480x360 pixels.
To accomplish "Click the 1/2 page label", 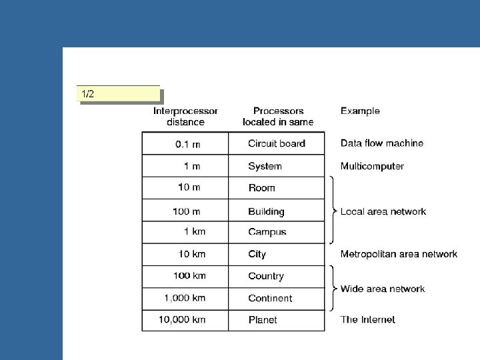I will tap(88, 94).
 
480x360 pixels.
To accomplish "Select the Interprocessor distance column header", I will tap(185, 117).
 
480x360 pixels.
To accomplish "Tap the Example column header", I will tap(360, 111).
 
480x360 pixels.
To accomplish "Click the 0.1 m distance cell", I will tap(187, 143).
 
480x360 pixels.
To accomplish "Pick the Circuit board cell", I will tap(276, 143).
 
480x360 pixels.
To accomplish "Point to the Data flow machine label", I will tap(381, 143).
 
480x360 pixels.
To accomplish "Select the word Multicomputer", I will tap(372, 166).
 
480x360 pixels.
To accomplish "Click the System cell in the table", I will tap(265, 166).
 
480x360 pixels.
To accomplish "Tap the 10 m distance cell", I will tap(189, 187).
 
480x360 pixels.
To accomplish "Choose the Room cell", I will tap(261, 188).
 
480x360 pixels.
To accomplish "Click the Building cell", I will tap(266, 211).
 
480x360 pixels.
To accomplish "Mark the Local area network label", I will tap(383, 211).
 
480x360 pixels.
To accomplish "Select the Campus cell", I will tap(267, 232).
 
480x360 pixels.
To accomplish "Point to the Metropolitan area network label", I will tap(399, 254).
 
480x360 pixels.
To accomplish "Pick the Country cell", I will tap(265, 276).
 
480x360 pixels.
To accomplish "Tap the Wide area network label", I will tap(382, 289).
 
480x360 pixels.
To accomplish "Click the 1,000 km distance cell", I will tap(185, 298).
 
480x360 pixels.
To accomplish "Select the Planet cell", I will tap(263, 320).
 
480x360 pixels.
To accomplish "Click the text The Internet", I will tap(367, 320).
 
